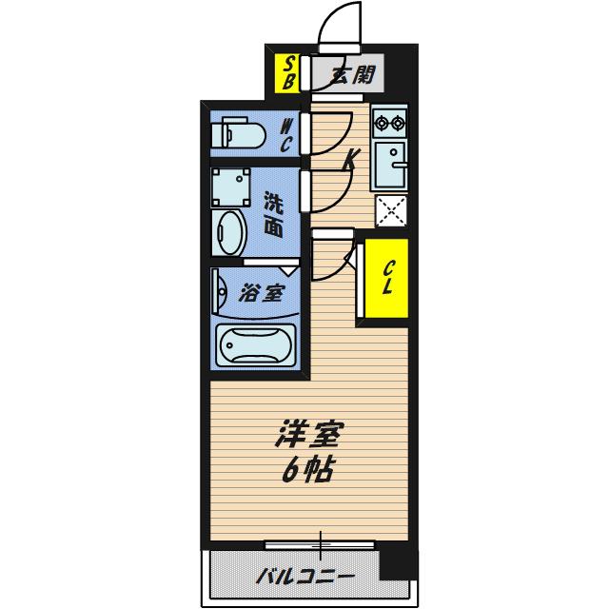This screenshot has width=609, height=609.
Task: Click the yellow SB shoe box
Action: tap(287, 74)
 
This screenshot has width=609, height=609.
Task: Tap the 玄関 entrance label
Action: tap(354, 74)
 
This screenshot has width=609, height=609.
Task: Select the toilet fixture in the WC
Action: tap(238, 135)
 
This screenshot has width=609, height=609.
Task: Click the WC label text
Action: tap(285, 135)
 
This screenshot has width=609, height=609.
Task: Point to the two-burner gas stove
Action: tap(389, 123)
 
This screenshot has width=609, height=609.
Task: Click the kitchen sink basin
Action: tap(390, 165)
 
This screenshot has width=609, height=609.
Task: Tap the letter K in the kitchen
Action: tap(351, 159)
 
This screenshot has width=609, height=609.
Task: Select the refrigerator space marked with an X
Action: tap(391, 211)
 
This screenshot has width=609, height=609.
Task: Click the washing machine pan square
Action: tap(230, 187)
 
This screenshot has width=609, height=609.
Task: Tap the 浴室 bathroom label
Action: tap(262, 293)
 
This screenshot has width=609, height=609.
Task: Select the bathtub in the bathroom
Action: tap(255, 345)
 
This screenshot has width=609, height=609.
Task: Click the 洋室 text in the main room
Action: tap(309, 434)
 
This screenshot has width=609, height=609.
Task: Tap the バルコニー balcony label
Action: tap(305, 577)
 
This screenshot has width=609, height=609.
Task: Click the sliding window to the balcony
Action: tap(320, 545)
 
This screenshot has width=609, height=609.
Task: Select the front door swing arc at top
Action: tap(340, 22)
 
